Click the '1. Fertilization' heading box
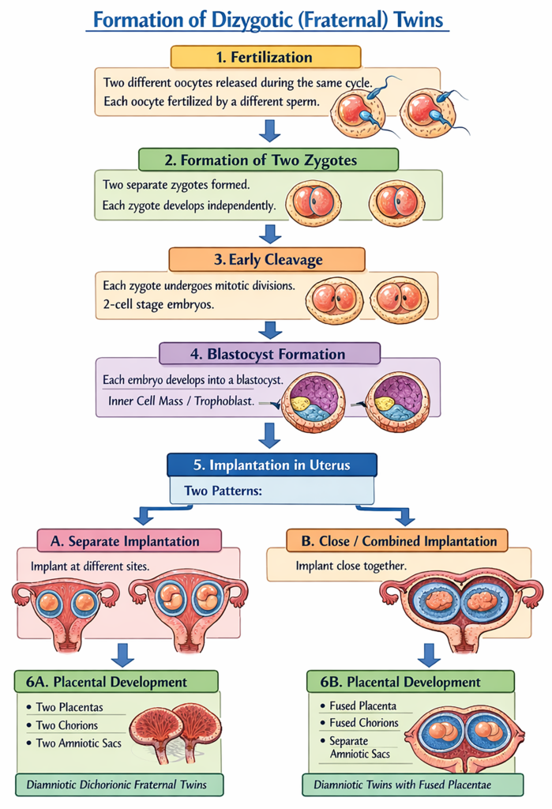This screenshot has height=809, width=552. [x=265, y=57]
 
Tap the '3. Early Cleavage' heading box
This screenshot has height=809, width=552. [x=266, y=259]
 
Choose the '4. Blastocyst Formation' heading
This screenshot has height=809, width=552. [x=269, y=353]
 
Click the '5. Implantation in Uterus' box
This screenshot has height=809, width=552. [x=272, y=465]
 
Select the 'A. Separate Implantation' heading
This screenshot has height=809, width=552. [x=130, y=541]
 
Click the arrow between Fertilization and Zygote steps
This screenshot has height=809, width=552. [x=271, y=130]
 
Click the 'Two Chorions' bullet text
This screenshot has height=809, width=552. [x=67, y=724]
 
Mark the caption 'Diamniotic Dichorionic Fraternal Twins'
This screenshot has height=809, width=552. [x=117, y=785]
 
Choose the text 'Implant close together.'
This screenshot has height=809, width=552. [x=351, y=566]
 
